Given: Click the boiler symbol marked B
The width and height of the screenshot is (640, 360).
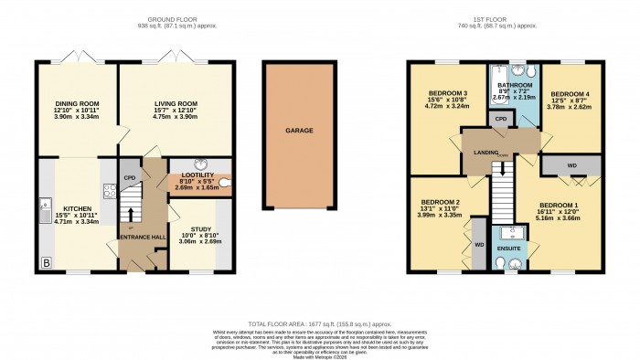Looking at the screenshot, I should click(x=46, y=263).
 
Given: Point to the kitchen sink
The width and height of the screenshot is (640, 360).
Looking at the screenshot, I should click(x=46, y=214).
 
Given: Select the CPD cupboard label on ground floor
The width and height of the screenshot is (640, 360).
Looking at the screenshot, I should click(x=130, y=177).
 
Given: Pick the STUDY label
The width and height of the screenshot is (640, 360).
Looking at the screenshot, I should click(x=201, y=229).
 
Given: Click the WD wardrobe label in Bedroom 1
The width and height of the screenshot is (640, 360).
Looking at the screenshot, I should click(x=572, y=164).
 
